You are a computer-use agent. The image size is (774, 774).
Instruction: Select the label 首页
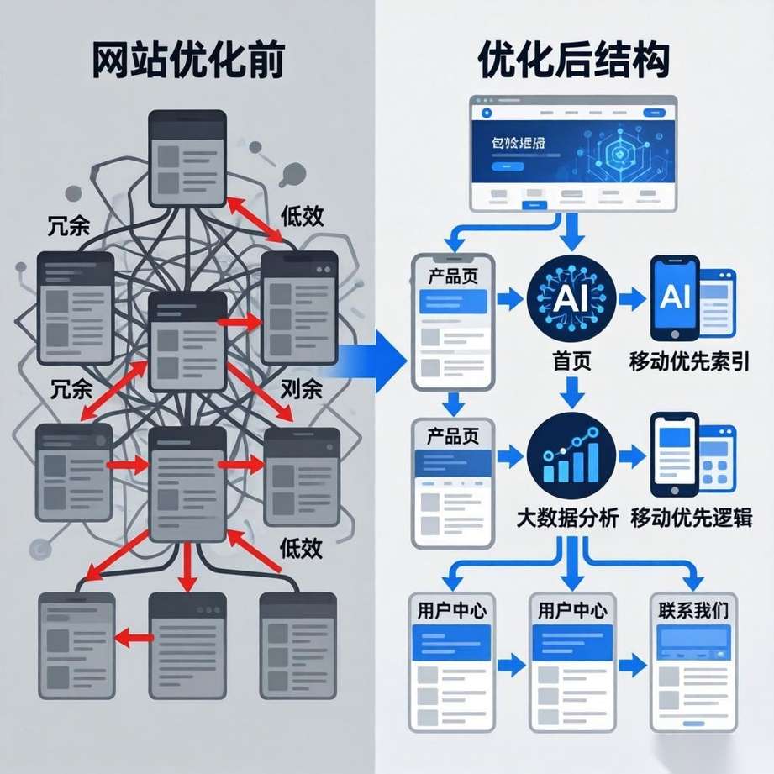pyautogui.click(x=571, y=361)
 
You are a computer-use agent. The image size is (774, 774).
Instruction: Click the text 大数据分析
pyautogui.click(x=567, y=518)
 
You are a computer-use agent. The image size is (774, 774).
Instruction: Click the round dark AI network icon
pyautogui.click(x=571, y=298)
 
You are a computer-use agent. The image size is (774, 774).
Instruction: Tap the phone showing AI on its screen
pyautogui.click(x=676, y=298)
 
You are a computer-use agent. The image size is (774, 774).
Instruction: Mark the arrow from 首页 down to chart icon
pyautogui.click(x=571, y=392)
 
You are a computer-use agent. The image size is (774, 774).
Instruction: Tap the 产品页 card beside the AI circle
pyautogui.click(x=453, y=324)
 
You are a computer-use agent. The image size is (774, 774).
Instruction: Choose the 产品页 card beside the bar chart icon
pyautogui.click(x=453, y=475)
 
